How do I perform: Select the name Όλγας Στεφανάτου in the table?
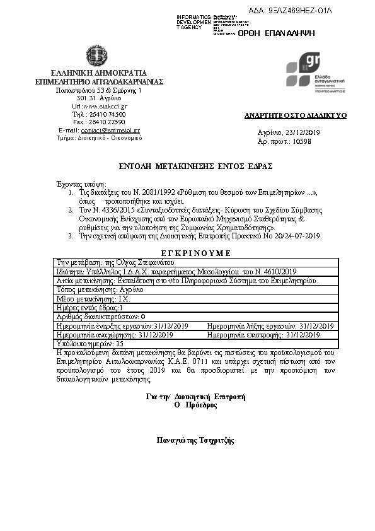[143, 262]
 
